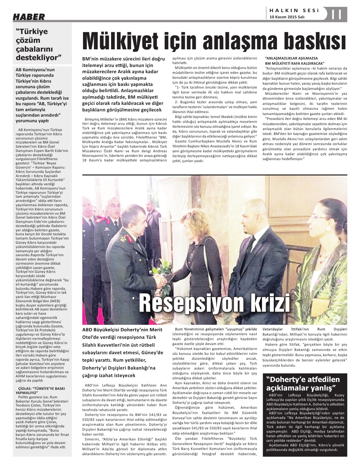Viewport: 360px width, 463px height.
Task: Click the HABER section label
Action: coord(29,17)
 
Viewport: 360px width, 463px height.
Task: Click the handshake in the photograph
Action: coord(160,279)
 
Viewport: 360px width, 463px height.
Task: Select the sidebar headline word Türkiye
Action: coord(34,31)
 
